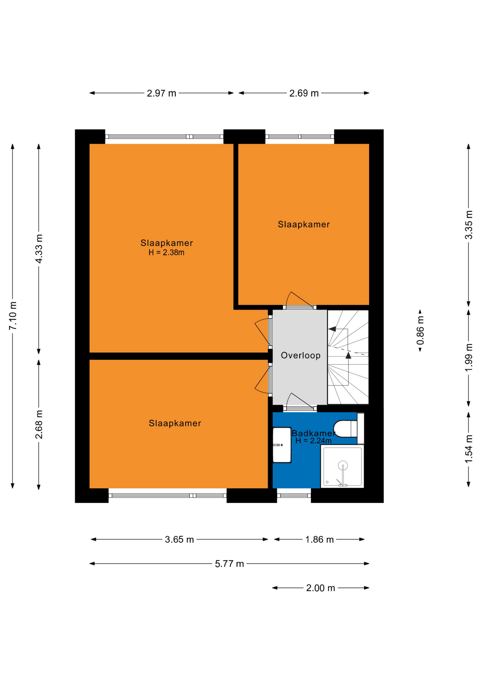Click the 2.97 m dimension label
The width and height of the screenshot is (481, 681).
click(161, 93)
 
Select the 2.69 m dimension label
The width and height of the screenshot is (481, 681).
click(304, 93)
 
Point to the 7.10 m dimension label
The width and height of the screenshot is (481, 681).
click(13, 316)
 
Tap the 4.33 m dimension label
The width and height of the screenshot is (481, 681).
click(39, 249)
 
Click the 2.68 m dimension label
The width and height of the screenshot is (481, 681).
click(39, 424)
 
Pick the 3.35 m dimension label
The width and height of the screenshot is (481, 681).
click(469, 225)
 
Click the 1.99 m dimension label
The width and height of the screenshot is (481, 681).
click(469, 358)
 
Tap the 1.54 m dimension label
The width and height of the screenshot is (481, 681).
click(469, 449)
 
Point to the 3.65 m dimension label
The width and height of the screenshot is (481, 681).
click(179, 539)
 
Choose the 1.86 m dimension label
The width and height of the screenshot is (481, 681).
click(319, 539)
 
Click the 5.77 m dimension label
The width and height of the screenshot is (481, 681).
click(230, 564)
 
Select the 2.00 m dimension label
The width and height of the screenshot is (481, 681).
click(321, 588)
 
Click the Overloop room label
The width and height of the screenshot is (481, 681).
click(301, 355)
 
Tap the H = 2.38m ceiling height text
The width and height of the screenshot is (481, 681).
click(166, 253)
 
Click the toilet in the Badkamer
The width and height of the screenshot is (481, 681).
click(345, 428)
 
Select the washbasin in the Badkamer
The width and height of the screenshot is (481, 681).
click(282, 445)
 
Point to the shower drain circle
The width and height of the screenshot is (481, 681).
click(343, 465)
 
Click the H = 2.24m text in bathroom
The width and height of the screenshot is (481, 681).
click(313, 441)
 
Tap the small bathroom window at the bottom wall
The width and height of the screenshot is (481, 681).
click(294, 495)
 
